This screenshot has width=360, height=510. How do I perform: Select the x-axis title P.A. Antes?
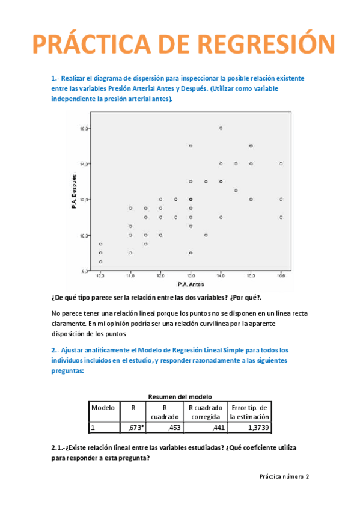(x=190, y=284)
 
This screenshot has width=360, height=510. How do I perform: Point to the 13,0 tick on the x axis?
(x=191, y=275)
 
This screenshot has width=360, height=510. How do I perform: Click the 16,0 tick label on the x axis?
(x=281, y=275)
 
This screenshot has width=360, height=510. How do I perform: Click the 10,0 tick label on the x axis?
(x=100, y=275)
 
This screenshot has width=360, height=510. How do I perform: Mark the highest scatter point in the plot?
(x=221, y=128)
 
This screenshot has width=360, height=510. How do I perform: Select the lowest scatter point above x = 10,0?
(x=100, y=262)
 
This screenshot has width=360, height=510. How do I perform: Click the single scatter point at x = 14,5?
(x=236, y=190)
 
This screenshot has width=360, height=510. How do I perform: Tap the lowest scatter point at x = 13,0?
(x=191, y=253)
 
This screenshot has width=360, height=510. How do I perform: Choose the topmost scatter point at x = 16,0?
(x=281, y=164)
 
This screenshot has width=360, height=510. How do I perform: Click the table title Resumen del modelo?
(x=179, y=396)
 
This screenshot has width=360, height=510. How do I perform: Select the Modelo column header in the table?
(x=103, y=408)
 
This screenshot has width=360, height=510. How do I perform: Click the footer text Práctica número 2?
(x=284, y=476)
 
